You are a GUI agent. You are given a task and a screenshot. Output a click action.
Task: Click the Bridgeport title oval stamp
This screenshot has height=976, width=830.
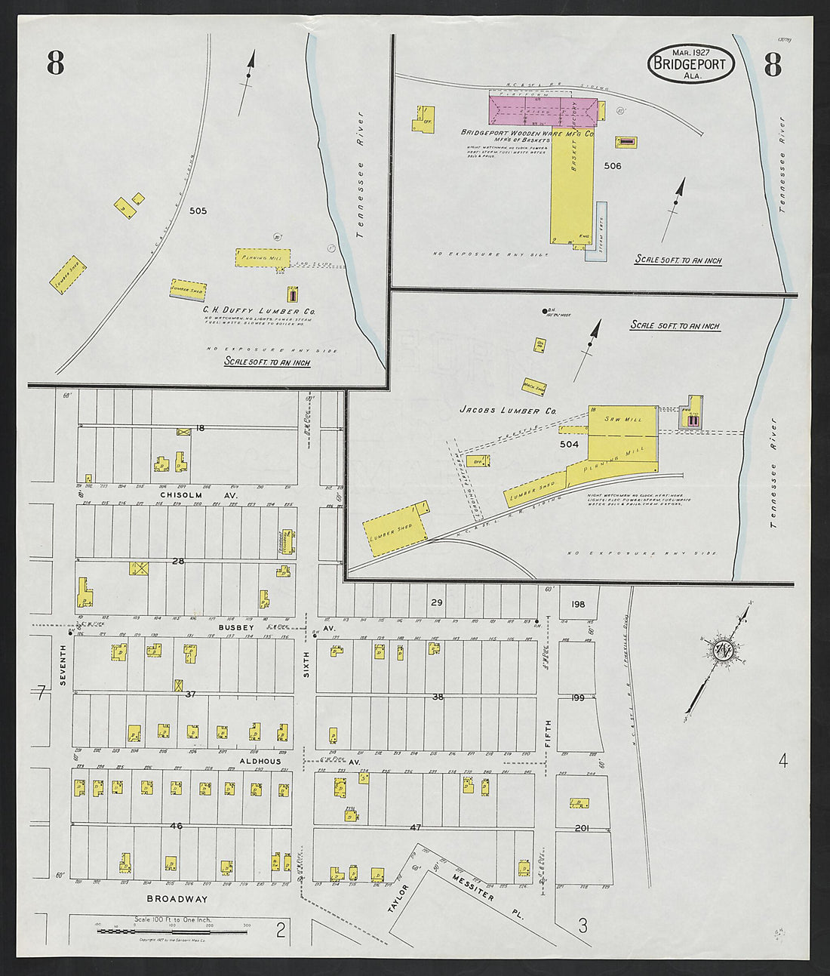pyautogui.click(x=690, y=63)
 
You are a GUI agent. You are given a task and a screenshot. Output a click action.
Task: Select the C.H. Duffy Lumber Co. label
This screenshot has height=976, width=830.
pyautogui.click(x=258, y=310)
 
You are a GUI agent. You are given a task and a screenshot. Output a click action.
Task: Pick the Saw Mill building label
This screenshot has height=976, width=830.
pyautogui.click(x=622, y=419)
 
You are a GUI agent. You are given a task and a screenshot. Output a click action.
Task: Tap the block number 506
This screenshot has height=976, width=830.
pyautogui.click(x=612, y=165)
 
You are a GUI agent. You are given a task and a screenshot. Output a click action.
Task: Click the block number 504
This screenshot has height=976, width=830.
pyautogui.click(x=569, y=445)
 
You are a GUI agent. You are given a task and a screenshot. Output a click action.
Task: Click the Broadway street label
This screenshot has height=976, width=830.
pyautogui.click(x=177, y=899)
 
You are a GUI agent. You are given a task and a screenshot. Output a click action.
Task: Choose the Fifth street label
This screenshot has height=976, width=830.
pyautogui.click(x=548, y=733)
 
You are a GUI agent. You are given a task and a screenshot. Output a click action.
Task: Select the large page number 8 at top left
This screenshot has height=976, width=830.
pyautogui.click(x=55, y=63)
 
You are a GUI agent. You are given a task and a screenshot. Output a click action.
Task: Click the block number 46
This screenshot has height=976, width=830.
pyautogui.click(x=176, y=826)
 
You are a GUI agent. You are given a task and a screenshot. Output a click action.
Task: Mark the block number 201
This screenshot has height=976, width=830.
pyautogui.click(x=581, y=828)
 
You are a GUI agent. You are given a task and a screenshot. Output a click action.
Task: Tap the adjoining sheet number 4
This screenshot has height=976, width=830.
pyautogui.click(x=782, y=760)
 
